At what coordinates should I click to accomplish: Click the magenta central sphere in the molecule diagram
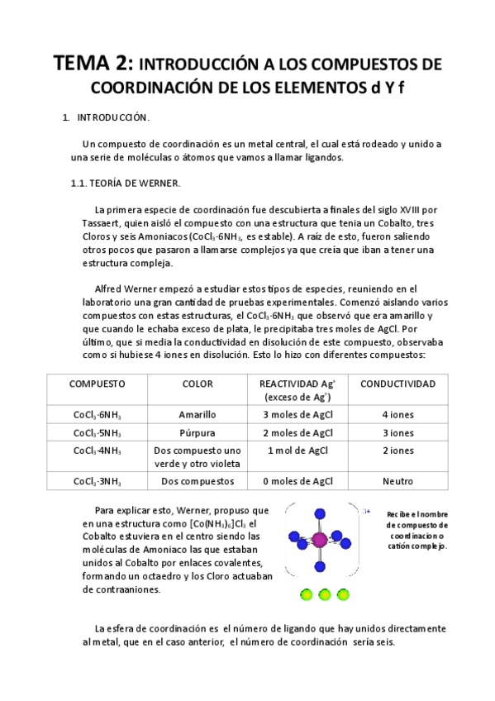pyautogui.click(x=320, y=540)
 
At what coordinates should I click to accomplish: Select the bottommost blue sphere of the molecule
pyautogui.click(x=320, y=568)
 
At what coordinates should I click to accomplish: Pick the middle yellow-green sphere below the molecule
pyautogui.click(x=324, y=594)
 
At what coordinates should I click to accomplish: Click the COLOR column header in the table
pyautogui.click(x=198, y=384)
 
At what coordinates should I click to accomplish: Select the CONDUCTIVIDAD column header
pyautogui.click(x=398, y=384)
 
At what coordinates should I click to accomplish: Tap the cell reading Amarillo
pyautogui.click(x=198, y=414)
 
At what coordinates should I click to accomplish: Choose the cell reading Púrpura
pyautogui.click(x=198, y=432)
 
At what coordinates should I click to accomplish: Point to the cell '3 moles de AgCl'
pyautogui.click(x=297, y=414)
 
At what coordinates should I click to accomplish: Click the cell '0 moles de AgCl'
pyautogui.click(x=297, y=480)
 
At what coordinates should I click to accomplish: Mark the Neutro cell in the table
pyautogui.click(x=398, y=480)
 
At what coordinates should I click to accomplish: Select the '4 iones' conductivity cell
pyautogui.click(x=398, y=414)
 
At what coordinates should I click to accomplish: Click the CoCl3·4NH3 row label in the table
pyautogui.click(x=97, y=451)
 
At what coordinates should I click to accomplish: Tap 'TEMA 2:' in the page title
pyautogui.click(x=90, y=64)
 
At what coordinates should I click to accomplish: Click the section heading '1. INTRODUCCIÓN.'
pyautogui.click(x=107, y=118)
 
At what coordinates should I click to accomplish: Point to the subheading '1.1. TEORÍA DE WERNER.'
pyautogui.click(x=125, y=183)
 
